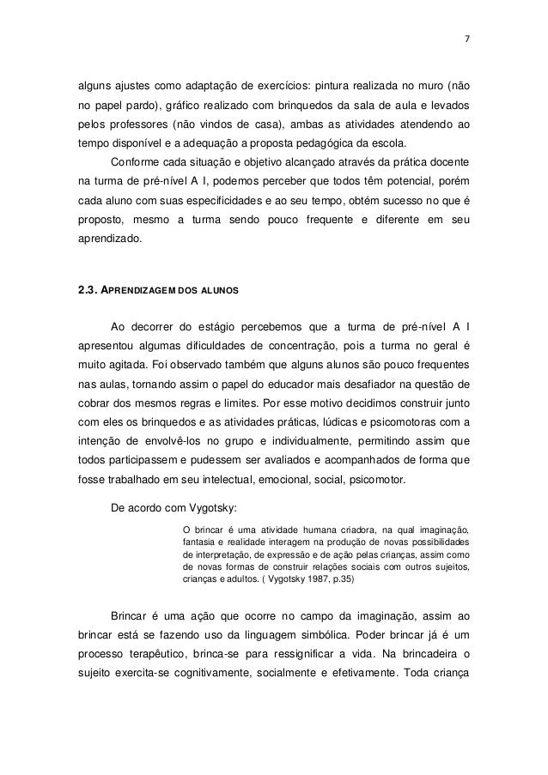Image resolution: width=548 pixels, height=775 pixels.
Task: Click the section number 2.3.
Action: click(x=89, y=289)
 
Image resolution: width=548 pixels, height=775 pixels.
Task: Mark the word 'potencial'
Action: click(x=396, y=181)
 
